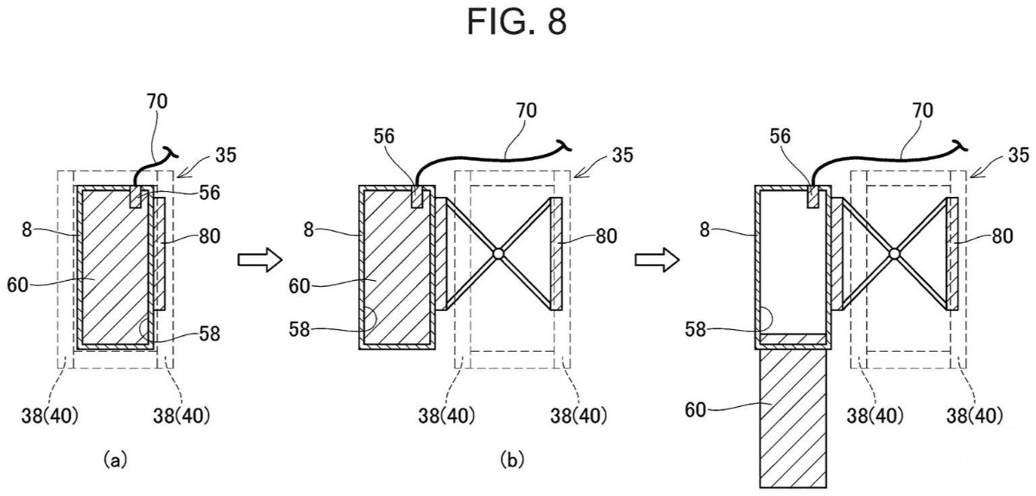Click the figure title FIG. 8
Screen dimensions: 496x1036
click(x=517, y=22)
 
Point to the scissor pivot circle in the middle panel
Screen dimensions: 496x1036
click(x=497, y=254)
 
